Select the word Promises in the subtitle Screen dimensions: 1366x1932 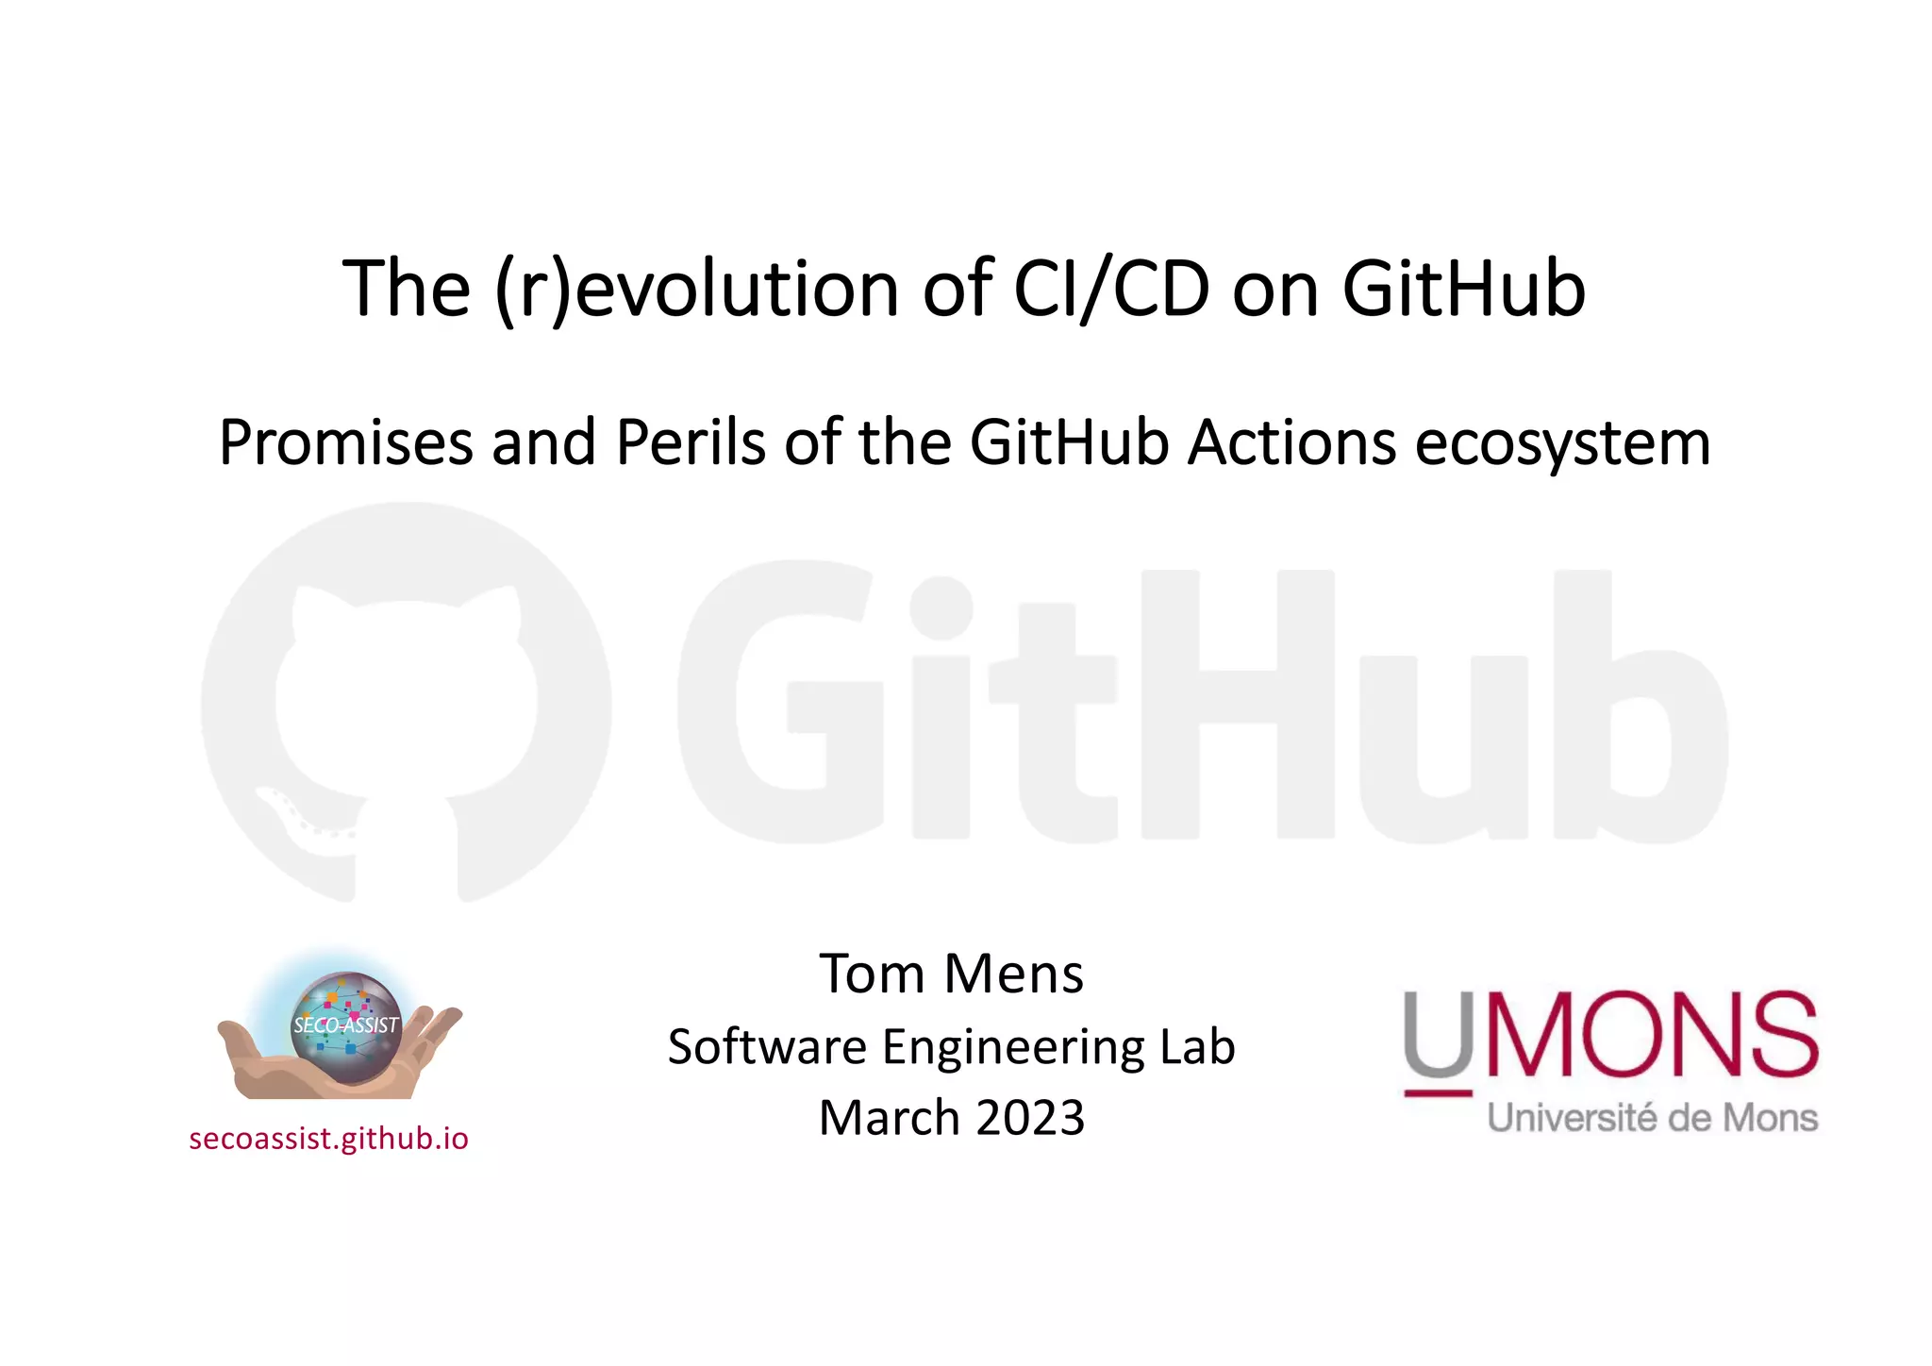pyautogui.click(x=345, y=442)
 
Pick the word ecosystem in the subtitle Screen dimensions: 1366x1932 pyautogui.click(x=1562, y=444)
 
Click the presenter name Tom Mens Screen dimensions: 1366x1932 pyautogui.click(x=951, y=974)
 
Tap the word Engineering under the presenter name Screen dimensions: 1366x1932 pyautogui.click(x=1013, y=1047)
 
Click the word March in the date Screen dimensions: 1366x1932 pyautogui.click(x=889, y=1118)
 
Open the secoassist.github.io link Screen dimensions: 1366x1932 pyautogui.click(x=328, y=1139)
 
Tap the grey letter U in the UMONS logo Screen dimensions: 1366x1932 pyautogui.click(x=1438, y=1034)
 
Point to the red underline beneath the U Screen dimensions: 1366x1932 pyautogui.click(x=1438, y=1093)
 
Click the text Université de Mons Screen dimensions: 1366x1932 pyautogui.click(x=1652, y=1119)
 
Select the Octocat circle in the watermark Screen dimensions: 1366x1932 pyautogui.click(x=406, y=703)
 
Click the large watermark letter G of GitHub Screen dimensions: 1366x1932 pyautogui.click(x=781, y=703)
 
